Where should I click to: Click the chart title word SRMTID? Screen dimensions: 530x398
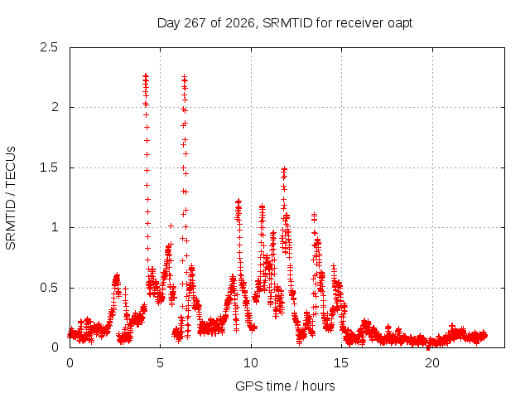coord(287,23)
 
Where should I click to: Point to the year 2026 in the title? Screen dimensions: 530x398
coord(240,23)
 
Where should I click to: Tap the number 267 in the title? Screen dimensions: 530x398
coord(195,23)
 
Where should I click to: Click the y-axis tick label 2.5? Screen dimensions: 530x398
coord(49,47)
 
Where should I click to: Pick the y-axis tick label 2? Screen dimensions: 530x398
coord(55,107)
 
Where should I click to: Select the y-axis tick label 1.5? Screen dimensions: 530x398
coord(49,167)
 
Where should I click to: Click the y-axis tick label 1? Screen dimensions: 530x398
coord(55,227)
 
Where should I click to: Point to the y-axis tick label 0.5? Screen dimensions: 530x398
coord(49,288)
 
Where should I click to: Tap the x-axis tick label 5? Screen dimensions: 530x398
coord(160,363)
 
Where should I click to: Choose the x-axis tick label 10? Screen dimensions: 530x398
coord(251,363)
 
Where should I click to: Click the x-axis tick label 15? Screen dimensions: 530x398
coord(341,363)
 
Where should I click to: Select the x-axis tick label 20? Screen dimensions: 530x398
coord(432,363)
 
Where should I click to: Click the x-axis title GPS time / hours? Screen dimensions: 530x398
coord(285,386)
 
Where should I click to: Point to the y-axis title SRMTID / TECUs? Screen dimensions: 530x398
coord(11,198)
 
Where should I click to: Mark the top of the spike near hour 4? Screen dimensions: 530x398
coord(146,75)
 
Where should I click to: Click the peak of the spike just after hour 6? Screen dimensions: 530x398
coord(184,77)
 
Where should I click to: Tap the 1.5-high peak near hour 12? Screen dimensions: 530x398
coord(285,168)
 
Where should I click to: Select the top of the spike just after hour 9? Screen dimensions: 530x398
coord(238,201)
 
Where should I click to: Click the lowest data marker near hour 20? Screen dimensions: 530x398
coord(428,347)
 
